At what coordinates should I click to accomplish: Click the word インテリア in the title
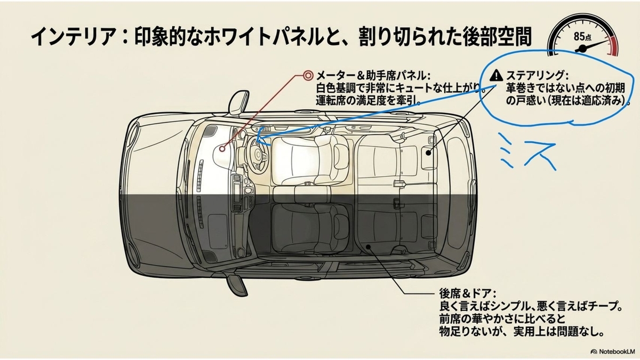point(74,37)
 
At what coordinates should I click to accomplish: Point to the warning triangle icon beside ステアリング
point(496,75)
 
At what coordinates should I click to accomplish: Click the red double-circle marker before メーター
point(308,76)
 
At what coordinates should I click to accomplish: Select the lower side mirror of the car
point(237,284)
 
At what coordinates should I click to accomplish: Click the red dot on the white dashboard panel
point(222,149)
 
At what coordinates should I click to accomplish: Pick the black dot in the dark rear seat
point(369,246)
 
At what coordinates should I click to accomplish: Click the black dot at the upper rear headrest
point(428,153)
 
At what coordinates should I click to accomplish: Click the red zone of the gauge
point(613,46)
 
